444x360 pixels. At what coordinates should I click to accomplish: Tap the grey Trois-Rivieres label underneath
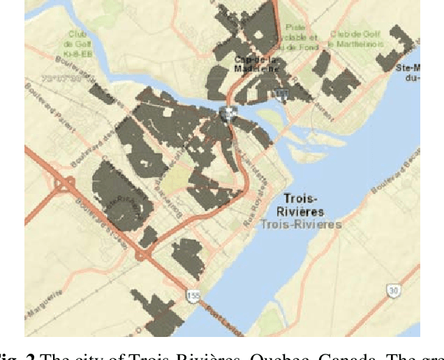tap(301, 224)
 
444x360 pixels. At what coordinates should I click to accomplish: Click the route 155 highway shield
tap(193, 297)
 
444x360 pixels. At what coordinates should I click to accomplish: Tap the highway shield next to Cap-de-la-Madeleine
tap(281, 93)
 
